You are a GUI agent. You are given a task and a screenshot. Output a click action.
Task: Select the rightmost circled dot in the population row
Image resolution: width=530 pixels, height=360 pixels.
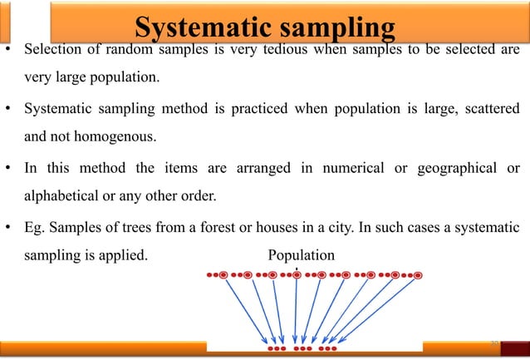tap(419, 274)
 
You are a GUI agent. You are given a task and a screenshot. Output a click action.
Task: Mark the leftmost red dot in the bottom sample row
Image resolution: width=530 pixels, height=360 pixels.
tap(271, 349)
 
